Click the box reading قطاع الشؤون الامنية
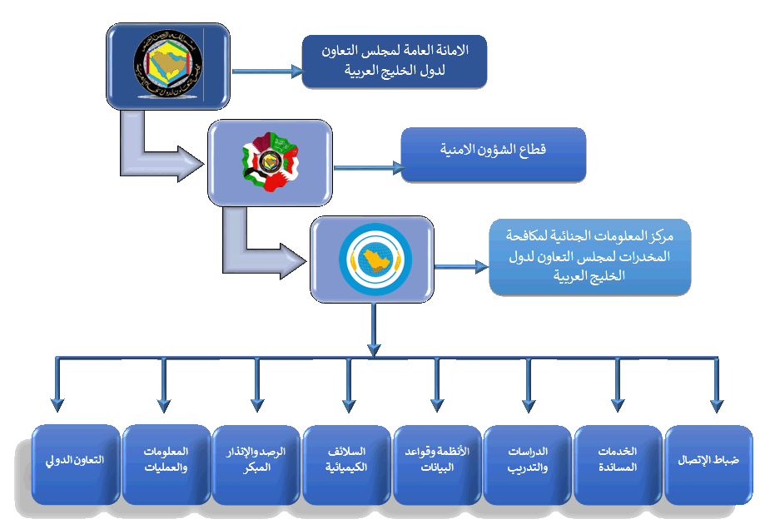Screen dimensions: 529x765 pyautogui.click(x=493, y=152)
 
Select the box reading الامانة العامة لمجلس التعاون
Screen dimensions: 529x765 pyautogui.click(x=394, y=60)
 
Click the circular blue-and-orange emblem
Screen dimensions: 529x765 pyautogui.click(x=373, y=258)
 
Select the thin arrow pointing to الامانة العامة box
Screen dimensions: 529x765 pyautogui.click(x=266, y=72)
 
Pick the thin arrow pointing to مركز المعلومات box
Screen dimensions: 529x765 pyautogui.click(x=460, y=267)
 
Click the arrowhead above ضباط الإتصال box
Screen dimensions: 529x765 pyautogui.click(x=714, y=404)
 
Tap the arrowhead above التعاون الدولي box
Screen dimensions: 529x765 pyautogui.click(x=57, y=404)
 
